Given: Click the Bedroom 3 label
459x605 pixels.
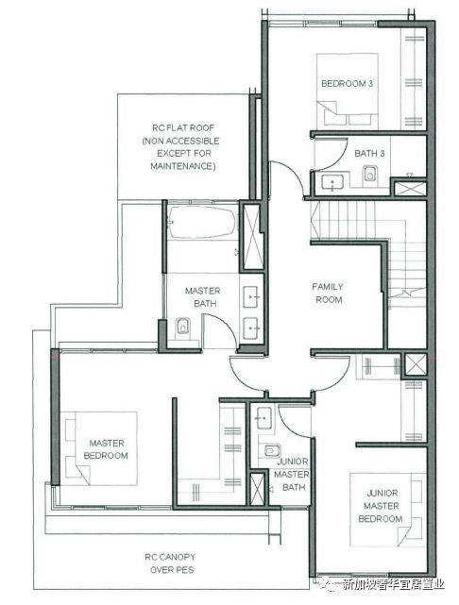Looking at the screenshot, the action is pos(347,83).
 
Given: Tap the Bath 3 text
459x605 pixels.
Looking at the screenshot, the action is pos(369,153).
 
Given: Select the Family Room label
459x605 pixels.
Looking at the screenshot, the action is pos(328,294).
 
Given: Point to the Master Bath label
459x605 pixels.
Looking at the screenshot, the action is pos(203,297).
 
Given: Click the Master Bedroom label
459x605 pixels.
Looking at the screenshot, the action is pos(106,449).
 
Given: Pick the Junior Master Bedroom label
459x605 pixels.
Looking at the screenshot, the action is pos(381,506).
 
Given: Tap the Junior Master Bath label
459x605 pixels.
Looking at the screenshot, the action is pos(292,474).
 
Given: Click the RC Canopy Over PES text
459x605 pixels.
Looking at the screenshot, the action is pos(170,563).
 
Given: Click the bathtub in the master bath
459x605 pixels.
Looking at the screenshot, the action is pos(202,223).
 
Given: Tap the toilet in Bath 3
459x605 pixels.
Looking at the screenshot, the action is pos(370,174).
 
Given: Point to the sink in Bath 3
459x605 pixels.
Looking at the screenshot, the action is pos(332,182).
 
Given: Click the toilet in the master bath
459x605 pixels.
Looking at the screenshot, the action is pos(182,328).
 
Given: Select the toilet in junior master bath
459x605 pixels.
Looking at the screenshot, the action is pos(273,450).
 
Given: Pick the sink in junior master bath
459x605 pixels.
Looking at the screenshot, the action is pos(264,418).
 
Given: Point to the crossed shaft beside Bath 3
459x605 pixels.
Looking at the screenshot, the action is pos(411,189).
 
